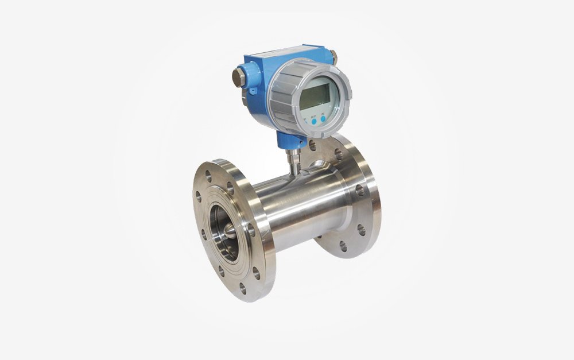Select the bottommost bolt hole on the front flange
pos(242,288)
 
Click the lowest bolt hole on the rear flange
pos(343,246)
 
